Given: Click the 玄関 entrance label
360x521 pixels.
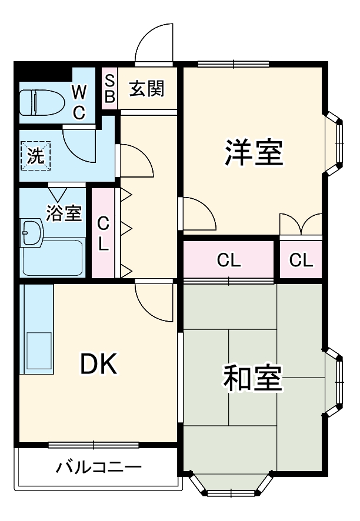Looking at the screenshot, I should coord(146,89).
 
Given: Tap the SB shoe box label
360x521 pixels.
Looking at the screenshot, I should coord(109,88).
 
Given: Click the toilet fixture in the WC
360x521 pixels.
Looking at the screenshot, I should coord(41,103).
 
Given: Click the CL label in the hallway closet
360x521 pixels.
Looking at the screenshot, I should coord(104,233).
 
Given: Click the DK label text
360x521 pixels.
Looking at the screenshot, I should coord(98,365).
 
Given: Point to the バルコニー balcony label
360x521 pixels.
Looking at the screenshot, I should coord(99,468).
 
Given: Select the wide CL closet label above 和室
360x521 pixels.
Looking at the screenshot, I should coord(229,260).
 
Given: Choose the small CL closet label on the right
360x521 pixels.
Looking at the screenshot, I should coord(301,260).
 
